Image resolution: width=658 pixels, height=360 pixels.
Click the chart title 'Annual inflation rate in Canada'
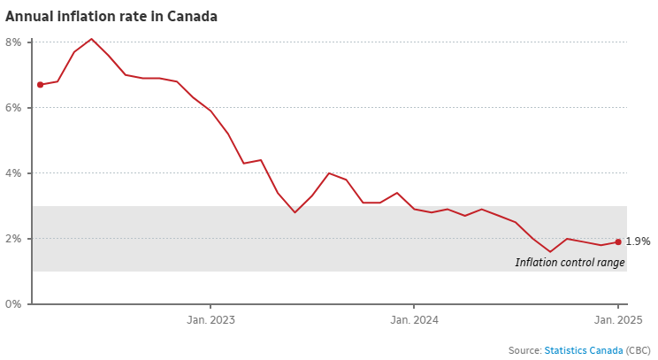pyautogui.click(x=111, y=17)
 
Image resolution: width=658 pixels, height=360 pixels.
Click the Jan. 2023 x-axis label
pyautogui.click(x=210, y=320)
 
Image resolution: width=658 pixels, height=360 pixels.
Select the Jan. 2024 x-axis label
pyautogui.click(x=414, y=320)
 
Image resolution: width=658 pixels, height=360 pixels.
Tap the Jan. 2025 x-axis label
pyautogui.click(x=617, y=320)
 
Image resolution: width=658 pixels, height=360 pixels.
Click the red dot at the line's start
pyautogui.click(x=40, y=85)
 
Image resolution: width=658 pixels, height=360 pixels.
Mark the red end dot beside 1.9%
pyautogui.click(x=618, y=241)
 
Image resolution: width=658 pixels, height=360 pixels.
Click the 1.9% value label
pyautogui.click(x=638, y=241)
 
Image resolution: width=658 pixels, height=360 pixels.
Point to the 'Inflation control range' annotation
pyautogui.click(x=570, y=263)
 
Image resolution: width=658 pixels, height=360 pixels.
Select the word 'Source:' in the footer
pyautogui.click(x=524, y=350)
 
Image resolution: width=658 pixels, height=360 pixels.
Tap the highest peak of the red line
pyautogui.click(x=91, y=39)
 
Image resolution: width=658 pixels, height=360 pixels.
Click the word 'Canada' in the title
pyautogui.click(x=195, y=17)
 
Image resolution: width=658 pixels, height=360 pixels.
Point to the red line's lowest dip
pyautogui.click(x=550, y=251)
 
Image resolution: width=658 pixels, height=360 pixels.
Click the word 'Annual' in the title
pyautogui.click(x=28, y=17)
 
